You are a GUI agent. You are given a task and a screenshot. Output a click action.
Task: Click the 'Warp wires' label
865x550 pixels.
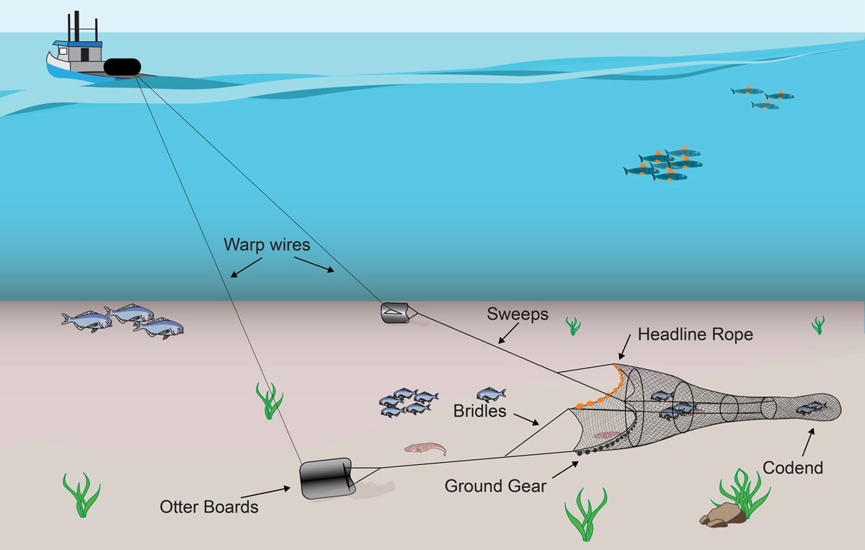pyautogui.click(x=267, y=244)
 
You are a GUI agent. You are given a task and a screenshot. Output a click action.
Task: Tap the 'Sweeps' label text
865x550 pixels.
pyautogui.click(x=518, y=314)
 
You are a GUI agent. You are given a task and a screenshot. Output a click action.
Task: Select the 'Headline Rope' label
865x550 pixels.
pyautogui.click(x=695, y=334)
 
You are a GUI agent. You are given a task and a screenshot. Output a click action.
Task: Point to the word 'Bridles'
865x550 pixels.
pyautogui.click(x=479, y=411)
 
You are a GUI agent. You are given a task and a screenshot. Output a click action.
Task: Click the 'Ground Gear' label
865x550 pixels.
pyautogui.click(x=495, y=486)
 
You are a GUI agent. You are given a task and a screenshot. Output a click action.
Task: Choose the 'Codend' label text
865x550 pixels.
pyautogui.click(x=793, y=468)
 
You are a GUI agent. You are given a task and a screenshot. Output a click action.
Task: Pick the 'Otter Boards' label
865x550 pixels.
pyautogui.click(x=209, y=507)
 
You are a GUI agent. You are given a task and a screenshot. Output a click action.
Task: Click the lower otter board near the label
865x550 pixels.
pyautogui.click(x=327, y=478)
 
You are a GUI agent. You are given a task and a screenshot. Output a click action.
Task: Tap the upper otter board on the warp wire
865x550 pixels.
pyautogui.click(x=395, y=313)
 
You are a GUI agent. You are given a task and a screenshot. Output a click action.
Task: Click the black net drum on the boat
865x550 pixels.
pyautogui.click(x=123, y=67)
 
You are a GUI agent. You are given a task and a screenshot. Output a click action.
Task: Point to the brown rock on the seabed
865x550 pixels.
pyautogui.click(x=722, y=515)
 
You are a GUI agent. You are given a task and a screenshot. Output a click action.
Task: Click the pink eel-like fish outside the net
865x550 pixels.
pyautogui.click(x=425, y=448)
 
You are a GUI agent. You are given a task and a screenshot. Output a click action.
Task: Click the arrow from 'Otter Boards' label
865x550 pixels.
pyautogui.click(x=266, y=492)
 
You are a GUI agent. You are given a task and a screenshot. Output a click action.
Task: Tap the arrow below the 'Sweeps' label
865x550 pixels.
pyautogui.click(x=508, y=333)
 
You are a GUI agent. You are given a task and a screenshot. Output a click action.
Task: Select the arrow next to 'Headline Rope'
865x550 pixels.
pyautogui.click(x=624, y=347)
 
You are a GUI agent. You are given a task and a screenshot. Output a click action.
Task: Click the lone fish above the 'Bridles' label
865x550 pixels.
pyautogui.click(x=491, y=395)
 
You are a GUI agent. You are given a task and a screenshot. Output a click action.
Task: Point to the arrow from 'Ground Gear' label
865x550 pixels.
pyautogui.click(x=565, y=470)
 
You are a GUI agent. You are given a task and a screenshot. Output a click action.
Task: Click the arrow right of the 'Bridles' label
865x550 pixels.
pyautogui.click(x=526, y=419)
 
